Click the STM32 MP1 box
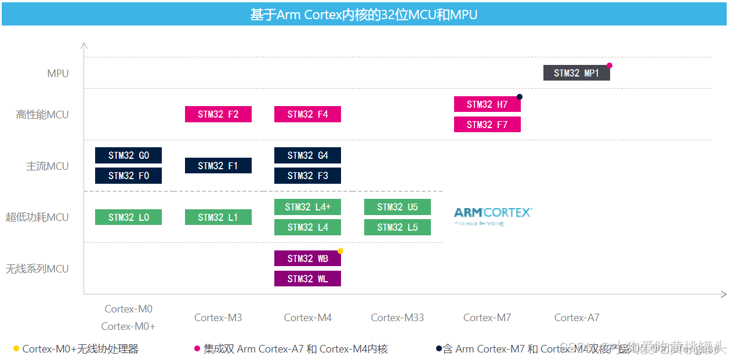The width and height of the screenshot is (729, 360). (x=576, y=73)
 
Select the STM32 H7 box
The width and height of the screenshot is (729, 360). (x=487, y=104)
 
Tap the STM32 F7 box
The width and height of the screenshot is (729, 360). (x=487, y=125)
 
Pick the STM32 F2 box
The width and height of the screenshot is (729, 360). (x=218, y=114)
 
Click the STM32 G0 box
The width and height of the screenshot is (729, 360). (x=128, y=155)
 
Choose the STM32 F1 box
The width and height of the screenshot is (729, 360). (x=218, y=166)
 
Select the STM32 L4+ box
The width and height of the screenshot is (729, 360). (x=307, y=207)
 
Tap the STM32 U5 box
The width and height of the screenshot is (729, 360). (x=397, y=207)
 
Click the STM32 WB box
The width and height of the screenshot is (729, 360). (x=307, y=259)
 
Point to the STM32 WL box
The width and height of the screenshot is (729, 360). (x=307, y=279)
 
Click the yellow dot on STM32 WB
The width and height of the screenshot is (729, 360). (x=340, y=251)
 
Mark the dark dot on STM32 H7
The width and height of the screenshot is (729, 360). (x=520, y=97)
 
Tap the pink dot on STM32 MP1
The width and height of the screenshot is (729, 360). (x=610, y=66)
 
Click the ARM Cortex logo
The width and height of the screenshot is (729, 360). (x=492, y=215)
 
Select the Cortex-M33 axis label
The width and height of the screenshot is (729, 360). (x=397, y=318)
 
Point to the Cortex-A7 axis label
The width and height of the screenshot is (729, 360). (x=576, y=318)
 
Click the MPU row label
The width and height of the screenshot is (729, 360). (x=58, y=74)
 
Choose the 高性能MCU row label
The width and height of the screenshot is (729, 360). (x=42, y=115)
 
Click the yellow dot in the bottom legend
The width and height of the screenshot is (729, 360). (x=16, y=349)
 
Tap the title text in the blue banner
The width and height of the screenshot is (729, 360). (x=364, y=14)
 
